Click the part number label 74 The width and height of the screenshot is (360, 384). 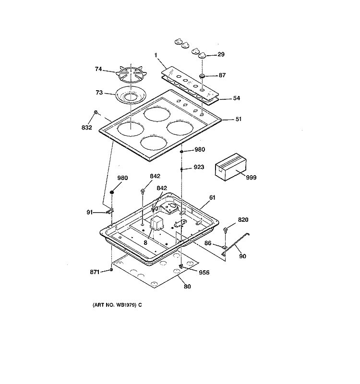[x=98, y=69]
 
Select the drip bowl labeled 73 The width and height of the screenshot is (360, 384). [x=131, y=96]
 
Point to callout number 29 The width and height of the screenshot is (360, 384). [x=221, y=54]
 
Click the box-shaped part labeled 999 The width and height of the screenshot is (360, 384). [x=230, y=167]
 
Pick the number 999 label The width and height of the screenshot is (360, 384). [x=251, y=178]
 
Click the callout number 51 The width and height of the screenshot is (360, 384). [x=238, y=119]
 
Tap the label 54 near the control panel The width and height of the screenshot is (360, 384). [x=236, y=98]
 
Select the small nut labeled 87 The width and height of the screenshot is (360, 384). [x=203, y=76]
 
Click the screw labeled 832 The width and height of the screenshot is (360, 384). [x=96, y=112]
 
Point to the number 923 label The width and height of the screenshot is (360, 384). [x=199, y=167]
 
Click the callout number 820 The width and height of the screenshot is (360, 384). [x=243, y=220]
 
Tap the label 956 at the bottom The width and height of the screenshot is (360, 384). [x=204, y=273]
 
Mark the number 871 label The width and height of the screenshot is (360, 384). [x=95, y=272]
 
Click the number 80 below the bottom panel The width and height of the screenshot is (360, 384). [x=187, y=287]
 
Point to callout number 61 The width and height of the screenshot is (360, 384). [x=212, y=198]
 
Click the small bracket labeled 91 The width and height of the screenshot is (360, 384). [x=110, y=211]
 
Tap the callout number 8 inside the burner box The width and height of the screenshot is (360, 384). [x=145, y=243]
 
